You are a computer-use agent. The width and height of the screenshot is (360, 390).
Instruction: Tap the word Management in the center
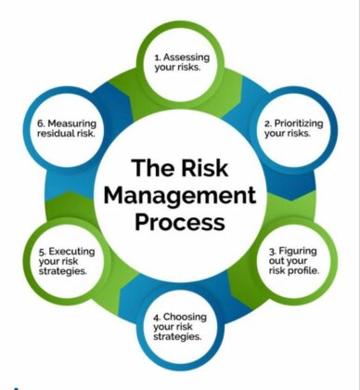[179, 195]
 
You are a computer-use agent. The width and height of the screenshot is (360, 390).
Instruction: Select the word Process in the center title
[179, 222]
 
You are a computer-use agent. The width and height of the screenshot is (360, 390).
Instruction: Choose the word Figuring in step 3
[300, 250]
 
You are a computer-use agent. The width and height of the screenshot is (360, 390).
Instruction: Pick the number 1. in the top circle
[158, 57]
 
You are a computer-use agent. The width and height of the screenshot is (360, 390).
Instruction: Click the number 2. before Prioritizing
[268, 122]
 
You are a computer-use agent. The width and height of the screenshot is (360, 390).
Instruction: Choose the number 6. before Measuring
[40, 122]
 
